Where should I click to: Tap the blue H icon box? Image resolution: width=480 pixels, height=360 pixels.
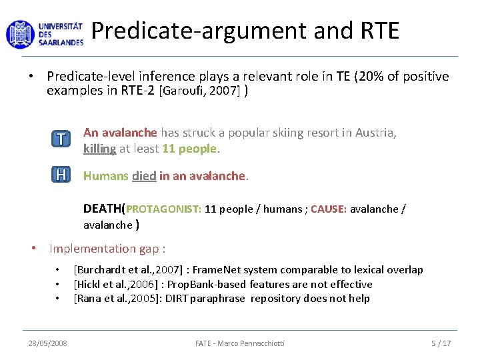(61, 175)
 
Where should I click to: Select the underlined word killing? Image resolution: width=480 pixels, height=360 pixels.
(99, 149)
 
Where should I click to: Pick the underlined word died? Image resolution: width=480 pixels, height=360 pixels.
(144, 177)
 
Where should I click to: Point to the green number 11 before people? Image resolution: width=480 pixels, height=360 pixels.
(169, 149)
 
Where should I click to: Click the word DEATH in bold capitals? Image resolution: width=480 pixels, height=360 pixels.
(102, 209)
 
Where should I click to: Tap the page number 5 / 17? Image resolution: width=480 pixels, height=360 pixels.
(441, 343)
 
